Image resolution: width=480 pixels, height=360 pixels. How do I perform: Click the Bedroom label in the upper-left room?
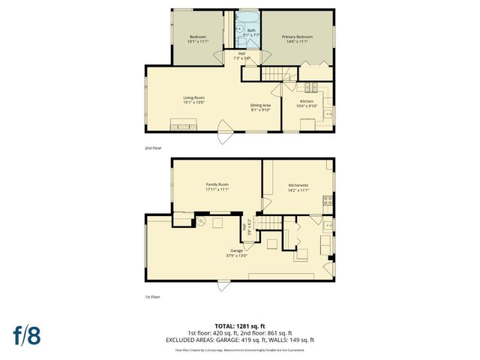pos(197,36)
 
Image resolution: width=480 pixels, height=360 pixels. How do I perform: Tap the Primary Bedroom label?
pos(297,36)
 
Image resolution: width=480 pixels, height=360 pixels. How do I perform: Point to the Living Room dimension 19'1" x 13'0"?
pos(194,103)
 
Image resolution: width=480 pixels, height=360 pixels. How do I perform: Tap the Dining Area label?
pos(259,106)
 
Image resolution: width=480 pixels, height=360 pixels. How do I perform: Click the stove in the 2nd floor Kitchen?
pos(328,115)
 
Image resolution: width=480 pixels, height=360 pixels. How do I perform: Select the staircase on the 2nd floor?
pos(274,73)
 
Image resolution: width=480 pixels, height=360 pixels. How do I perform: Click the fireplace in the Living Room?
pos(183,124)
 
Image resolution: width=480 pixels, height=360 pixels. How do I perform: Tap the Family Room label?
pos(217,184)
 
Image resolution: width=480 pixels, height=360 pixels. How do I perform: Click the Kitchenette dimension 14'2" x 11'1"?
pos(298,190)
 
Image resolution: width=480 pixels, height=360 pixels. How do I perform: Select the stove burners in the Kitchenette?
pos(328,200)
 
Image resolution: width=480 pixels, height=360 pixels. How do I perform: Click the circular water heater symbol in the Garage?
pos(201,222)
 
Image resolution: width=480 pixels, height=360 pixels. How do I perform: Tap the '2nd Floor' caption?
pos(153,148)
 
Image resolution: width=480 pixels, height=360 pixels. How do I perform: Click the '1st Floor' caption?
pos(153,297)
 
